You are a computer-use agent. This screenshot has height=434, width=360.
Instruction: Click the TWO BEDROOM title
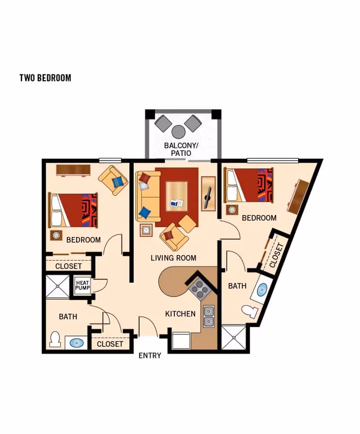click(x=46, y=78)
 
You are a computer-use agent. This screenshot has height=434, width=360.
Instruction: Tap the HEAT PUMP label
click(x=83, y=285)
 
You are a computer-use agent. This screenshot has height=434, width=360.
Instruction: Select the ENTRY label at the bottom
click(x=150, y=356)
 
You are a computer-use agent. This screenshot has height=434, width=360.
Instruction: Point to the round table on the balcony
click(x=178, y=132)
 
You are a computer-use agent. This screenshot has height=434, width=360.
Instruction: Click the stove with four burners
click(x=199, y=289)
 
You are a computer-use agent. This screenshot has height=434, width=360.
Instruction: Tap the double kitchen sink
click(x=209, y=316)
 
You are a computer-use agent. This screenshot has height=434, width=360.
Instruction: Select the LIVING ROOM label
click(x=173, y=258)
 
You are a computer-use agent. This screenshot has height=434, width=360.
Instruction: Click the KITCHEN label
click(x=180, y=314)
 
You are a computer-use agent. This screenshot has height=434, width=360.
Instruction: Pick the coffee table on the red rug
click(x=177, y=196)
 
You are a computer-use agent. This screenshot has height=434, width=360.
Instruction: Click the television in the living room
click(x=208, y=198)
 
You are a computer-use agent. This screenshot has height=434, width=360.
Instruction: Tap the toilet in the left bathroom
click(x=55, y=339)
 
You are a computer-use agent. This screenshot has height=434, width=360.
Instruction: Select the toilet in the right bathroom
click(x=250, y=311)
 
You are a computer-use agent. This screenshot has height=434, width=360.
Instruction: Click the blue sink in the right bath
click(x=262, y=289)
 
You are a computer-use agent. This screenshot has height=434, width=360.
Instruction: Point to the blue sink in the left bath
click(x=76, y=343)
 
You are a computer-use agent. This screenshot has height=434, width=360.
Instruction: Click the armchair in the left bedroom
click(x=113, y=181)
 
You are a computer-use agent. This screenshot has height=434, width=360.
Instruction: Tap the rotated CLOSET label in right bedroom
click(x=277, y=256)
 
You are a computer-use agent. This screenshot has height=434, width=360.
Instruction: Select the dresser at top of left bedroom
click(x=73, y=171)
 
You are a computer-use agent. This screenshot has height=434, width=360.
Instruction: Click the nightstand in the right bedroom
click(x=232, y=210)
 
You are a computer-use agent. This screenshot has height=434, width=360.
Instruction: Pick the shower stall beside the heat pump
click(x=57, y=287)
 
